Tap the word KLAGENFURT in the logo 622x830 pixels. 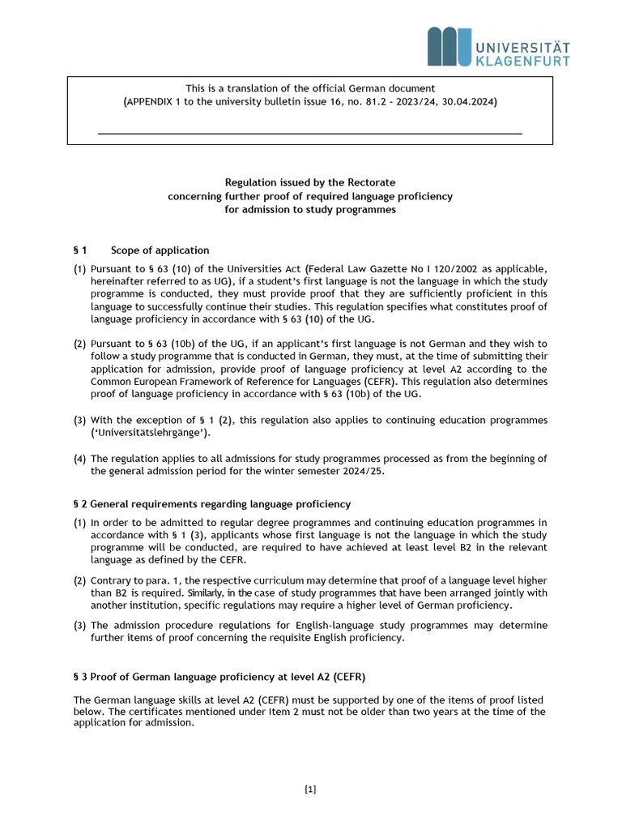tap(522, 61)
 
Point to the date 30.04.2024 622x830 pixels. tap(467, 102)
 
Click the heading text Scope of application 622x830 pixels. tap(160, 250)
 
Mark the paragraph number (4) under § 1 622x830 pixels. tap(80, 459)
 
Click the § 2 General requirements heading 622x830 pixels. tap(212, 504)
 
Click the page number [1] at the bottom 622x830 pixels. tap(310, 789)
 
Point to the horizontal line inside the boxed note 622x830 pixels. tap(310, 133)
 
